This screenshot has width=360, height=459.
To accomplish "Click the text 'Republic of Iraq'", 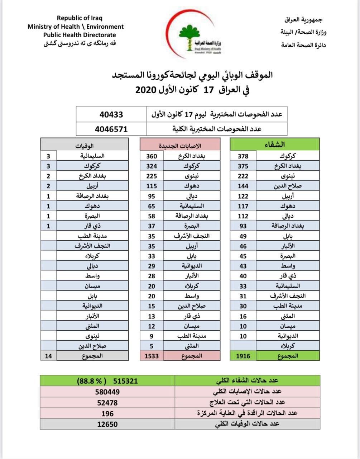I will pyautogui.click(x=80, y=18).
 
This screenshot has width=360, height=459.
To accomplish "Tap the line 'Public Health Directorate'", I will pyautogui.click(x=80, y=35).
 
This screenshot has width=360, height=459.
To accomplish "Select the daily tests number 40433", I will pyautogui.click(x=111, y=114).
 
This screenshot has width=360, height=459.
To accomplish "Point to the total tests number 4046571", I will pyautogui.click(x=111, y=129).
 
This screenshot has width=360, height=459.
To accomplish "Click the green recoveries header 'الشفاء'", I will pyautogui.click(x=274, y=145).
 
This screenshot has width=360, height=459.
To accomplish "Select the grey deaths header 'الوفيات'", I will pyautogui.click(x=85, y=145).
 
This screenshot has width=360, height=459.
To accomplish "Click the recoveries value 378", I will pyautogui.click(x=243, y=156).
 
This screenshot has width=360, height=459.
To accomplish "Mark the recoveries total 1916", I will pyautogui.click(x=243, y=356).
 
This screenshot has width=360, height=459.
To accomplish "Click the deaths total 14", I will pyautogui.click(x=48, y=356).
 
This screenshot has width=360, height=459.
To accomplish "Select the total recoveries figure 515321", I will pyautogui.click(x=125, y=381).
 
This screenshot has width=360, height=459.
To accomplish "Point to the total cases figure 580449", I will pyautogui.click(x=107, y=392).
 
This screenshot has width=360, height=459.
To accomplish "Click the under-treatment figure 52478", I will pyautogui.click(x=107, y=403).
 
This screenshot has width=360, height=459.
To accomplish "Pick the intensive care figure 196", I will pyautogui.click(x=107, y=413).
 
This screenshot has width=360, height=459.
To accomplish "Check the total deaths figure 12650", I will pyautogui.click(x=107, y=424).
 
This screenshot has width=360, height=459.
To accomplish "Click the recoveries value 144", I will pyautogui.click(x=243, y=186).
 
